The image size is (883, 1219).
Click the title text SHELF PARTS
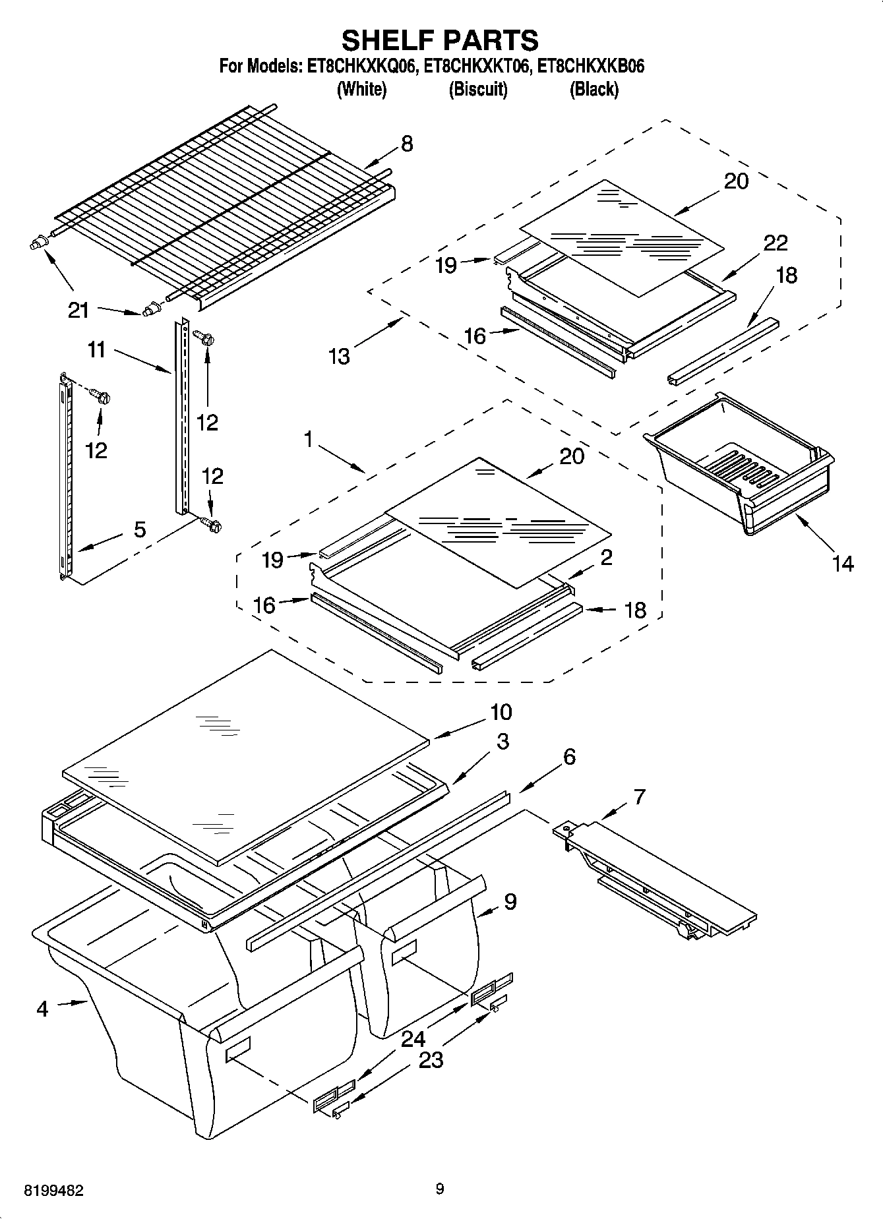point(440,40)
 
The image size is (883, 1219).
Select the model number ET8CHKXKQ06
point(361,67)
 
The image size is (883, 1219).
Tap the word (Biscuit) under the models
point(478,90)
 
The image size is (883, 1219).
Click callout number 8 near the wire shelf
point(407,144)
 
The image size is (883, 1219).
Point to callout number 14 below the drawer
point(843,564)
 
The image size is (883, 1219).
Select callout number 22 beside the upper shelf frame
point(776,243)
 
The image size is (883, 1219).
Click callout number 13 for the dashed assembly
point(339,357)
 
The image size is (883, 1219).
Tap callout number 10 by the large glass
point(501,712)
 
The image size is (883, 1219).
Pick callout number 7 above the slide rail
point(638,796)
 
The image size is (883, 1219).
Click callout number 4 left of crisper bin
point(42,1009)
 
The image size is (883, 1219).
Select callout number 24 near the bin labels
point(413,1040)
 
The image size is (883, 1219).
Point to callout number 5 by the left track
point(140,529)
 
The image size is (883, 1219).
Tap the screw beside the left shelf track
point(101,396)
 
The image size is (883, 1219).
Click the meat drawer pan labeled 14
point(739,475)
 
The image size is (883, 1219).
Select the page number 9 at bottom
point(440,1189)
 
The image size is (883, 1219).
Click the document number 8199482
point(53,1191)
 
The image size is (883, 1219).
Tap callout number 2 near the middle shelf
point(606,558)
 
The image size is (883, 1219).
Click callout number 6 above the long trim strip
point(569,757)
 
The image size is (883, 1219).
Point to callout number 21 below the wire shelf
point(78,309)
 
